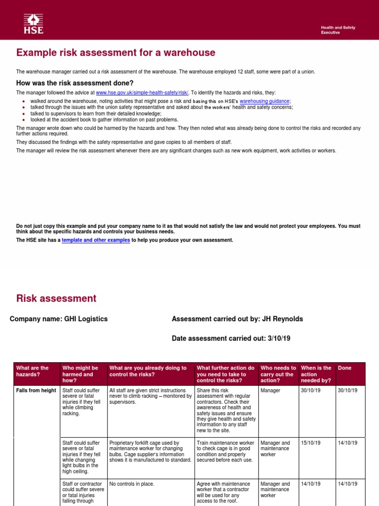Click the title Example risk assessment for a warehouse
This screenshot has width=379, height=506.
(115, 53)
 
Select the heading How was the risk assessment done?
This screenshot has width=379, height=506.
(75, 83)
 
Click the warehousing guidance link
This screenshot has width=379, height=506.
(265, 101)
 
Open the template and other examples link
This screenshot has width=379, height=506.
(96, 240)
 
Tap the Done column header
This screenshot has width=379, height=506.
(344, 368)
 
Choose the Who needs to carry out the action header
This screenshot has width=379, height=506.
(278, 374)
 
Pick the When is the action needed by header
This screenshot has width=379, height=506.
(316, 374)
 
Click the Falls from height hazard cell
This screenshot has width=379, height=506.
(36, 390)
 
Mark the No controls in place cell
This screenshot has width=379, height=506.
(132, 484)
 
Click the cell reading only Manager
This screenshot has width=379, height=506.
(270, 390)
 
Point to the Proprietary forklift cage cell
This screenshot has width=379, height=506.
(150, 451)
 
